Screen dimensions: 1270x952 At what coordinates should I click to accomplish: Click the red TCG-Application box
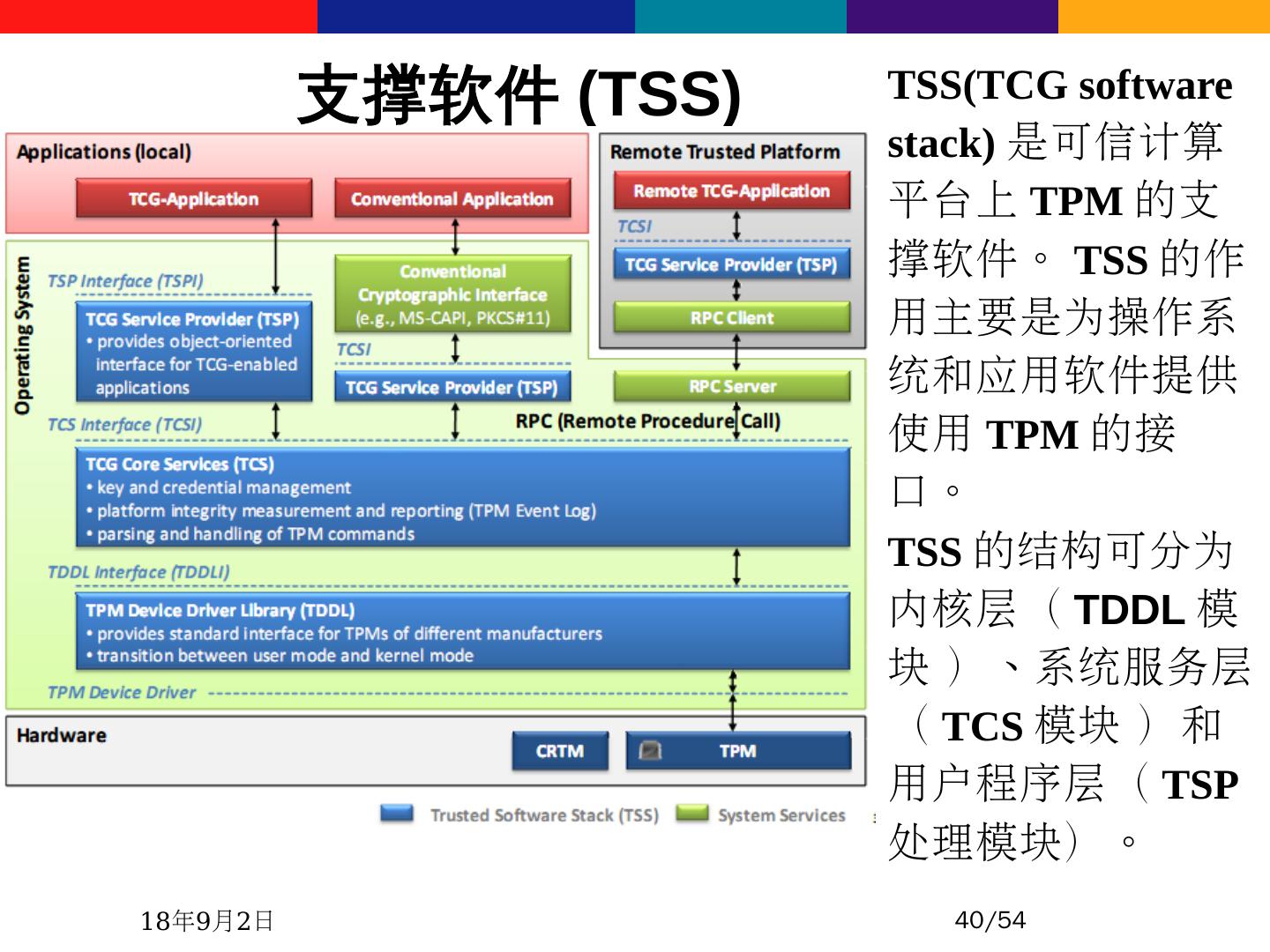(194, 198)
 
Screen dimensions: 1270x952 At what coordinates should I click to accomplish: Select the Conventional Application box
(452, 198)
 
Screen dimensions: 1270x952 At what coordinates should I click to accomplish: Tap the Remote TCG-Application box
(731, 190)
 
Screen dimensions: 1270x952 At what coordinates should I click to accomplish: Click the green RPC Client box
(731, 317)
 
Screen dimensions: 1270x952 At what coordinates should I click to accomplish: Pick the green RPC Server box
(731, 386)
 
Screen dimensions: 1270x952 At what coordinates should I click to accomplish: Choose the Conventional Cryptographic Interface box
(452, 294)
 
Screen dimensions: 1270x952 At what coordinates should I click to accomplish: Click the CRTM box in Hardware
(559, 751)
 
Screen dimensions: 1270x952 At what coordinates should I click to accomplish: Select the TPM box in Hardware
(737, 751)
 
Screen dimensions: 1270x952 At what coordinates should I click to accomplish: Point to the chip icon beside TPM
(650, 750)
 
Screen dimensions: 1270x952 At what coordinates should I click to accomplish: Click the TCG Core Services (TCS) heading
(180, 464)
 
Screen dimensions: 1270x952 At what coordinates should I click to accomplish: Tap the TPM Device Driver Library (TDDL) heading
(220, 610)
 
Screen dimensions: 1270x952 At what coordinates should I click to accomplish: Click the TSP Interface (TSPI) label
(125, 281)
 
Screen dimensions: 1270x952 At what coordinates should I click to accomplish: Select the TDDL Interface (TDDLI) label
(138, 572)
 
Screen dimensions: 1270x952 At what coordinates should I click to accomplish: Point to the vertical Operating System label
(22, 335)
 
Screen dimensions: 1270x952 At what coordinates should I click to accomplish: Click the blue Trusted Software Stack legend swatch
(397, 813)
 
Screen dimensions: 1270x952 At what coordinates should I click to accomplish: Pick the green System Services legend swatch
(692, 813)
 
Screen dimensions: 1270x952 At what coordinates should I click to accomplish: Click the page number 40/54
(990, 920)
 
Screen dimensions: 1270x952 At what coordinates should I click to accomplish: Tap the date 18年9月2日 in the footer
(207, 921)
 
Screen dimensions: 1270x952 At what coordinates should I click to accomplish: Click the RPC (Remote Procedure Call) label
(647, 421)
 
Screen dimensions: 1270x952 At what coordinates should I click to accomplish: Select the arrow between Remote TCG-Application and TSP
(736, 227)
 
